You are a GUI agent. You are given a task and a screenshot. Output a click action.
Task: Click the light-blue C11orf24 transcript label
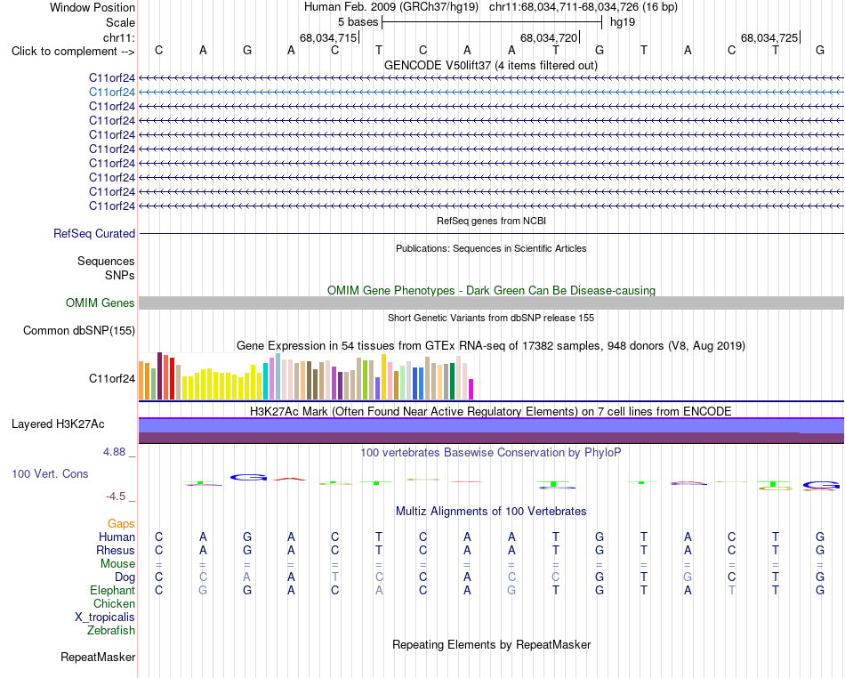coord(112,93)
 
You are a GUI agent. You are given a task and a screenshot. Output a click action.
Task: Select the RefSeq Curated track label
coord(94,233)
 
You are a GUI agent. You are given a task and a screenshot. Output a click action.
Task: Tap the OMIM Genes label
coord(101,303)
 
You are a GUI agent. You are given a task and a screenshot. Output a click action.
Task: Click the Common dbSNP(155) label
coord(79,330)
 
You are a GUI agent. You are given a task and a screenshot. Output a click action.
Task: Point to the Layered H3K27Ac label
coord(58,424)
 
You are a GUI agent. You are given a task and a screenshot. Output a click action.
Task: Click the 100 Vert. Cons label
coord(50,473)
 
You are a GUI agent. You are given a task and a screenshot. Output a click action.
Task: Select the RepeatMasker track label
coord(98,657)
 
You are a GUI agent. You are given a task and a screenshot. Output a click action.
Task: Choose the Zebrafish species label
coord(111,630)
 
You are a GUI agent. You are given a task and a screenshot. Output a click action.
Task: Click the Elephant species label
coord(112,590)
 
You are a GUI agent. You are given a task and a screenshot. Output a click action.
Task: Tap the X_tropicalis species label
coord(105,617)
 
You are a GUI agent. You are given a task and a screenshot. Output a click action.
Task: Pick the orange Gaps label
coord(121,523)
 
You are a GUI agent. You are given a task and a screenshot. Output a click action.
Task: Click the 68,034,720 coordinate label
coord(549,37)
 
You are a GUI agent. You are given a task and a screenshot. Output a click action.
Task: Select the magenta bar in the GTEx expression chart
coord(471,389)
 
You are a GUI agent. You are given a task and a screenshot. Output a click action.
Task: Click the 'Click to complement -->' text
coord(73,52)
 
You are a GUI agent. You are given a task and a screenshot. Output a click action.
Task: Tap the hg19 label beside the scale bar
coord(623,22)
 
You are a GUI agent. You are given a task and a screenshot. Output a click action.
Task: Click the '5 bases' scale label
coord(358,22)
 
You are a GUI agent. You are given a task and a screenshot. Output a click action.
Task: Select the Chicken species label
coord(114,603)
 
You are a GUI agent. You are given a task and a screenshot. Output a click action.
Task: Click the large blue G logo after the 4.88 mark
coord(248,477)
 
